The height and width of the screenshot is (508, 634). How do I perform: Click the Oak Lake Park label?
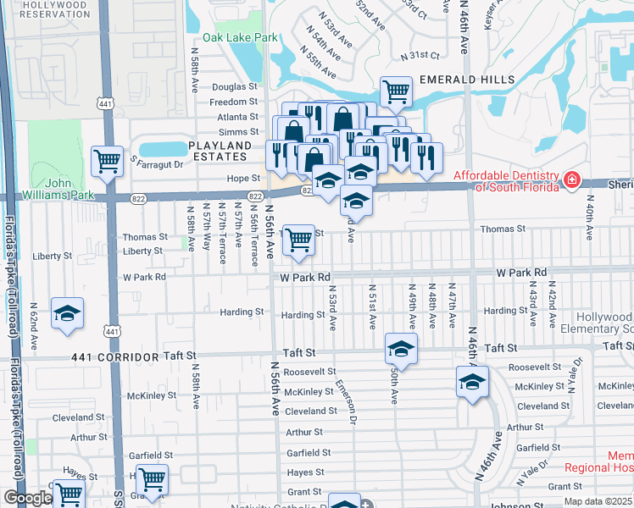(240, 38)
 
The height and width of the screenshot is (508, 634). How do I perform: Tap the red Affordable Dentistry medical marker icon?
(572, 179)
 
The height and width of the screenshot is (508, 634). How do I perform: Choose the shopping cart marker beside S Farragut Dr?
(107, 158)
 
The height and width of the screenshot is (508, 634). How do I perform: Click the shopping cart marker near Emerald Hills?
(396, 91)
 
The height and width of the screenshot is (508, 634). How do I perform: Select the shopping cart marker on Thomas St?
(298, 239)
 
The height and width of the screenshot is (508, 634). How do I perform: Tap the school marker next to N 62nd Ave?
(67, 312)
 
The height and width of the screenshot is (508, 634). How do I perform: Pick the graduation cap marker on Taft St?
(401, 347)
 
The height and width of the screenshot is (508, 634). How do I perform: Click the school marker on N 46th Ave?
(472, 380)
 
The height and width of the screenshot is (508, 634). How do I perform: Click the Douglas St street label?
(234, 87)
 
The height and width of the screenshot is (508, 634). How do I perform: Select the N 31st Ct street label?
(423, 55)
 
